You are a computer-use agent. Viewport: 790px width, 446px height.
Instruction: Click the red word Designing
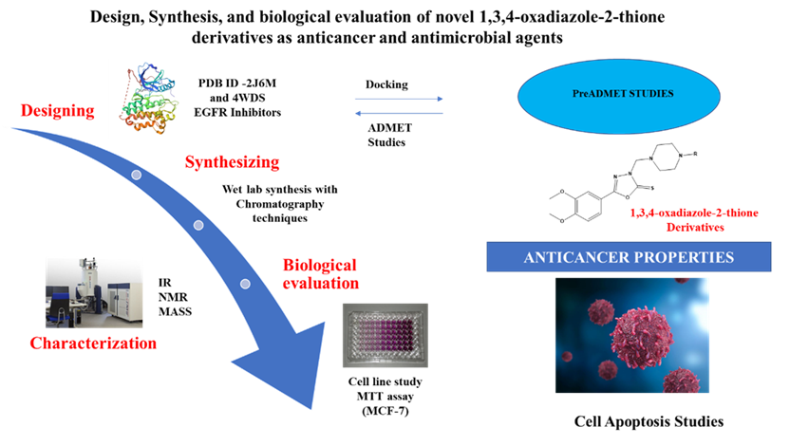(59, 112)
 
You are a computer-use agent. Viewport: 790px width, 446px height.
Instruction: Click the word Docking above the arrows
(386, 84)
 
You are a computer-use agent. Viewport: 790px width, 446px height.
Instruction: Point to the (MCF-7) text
(385, 414)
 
